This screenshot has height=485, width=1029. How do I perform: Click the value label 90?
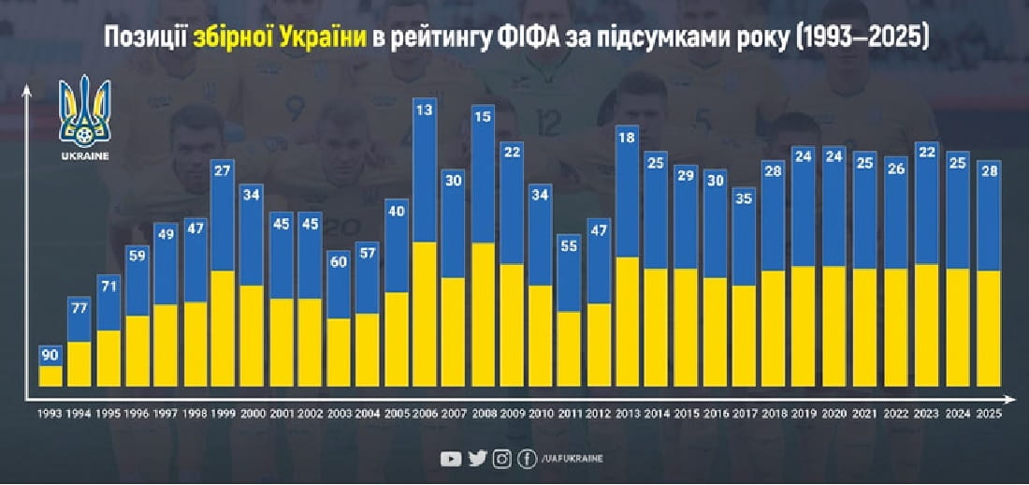click(51, 356)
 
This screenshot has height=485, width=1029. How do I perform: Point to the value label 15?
click(483, 118)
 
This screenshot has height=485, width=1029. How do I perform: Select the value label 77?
click(80, 307)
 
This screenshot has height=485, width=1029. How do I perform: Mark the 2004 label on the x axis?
click(367, 414)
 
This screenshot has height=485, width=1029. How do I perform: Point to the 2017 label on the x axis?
click(745, 414)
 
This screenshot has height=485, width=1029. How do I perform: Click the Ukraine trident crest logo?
click(84, 115)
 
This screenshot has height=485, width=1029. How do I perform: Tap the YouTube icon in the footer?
click(451, 458)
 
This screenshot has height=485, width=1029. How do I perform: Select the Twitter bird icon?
click(477, 458)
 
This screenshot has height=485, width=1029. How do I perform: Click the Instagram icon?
click(502, 458)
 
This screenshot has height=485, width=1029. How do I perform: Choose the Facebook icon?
click(528, 458)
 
